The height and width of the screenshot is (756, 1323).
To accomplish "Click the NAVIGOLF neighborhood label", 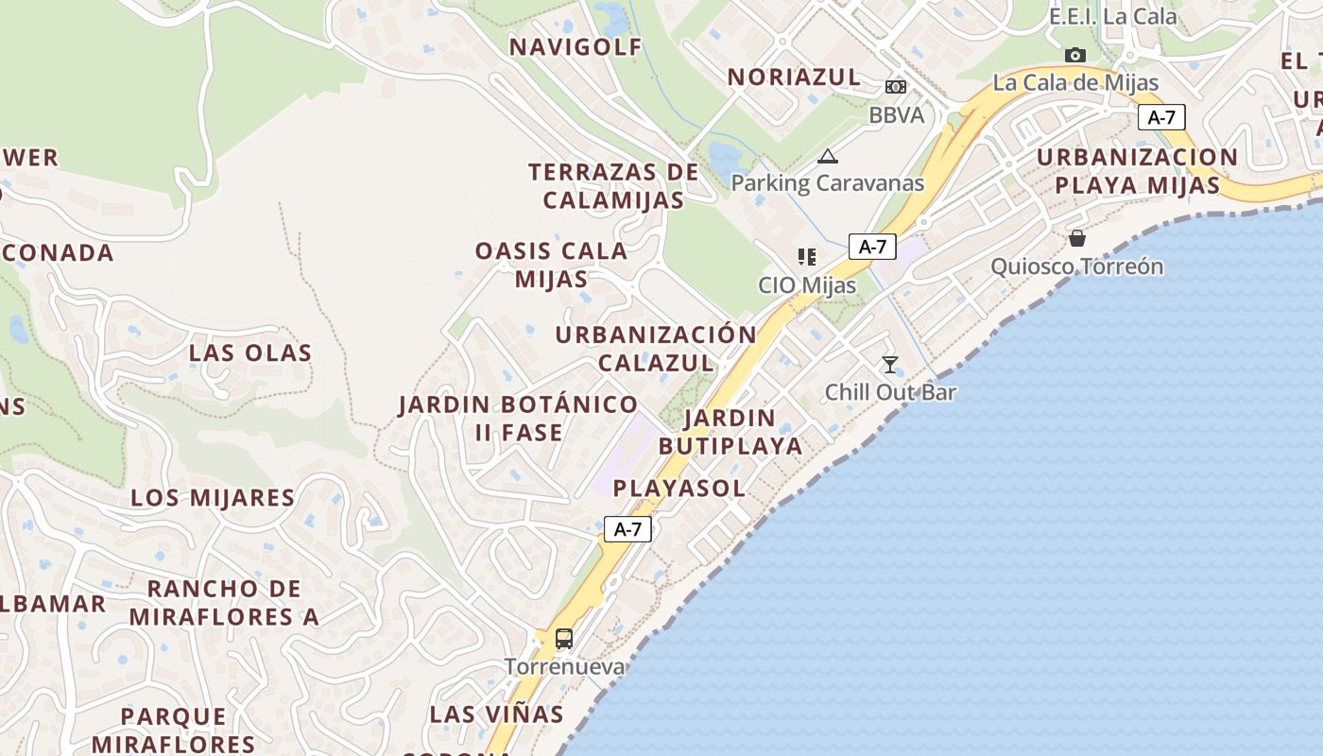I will pos(576,47).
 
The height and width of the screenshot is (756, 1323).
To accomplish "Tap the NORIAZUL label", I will pos(794,77).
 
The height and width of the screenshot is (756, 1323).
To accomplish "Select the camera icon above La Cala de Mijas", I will pos(1074,55).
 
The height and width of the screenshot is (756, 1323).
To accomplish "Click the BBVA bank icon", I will pos(895,87).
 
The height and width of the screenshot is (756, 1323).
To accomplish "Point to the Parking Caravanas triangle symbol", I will pos(828,156).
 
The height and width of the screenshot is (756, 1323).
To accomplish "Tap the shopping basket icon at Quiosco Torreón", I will pos(1076,238).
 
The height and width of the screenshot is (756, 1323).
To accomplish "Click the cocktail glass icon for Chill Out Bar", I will pos(889,364).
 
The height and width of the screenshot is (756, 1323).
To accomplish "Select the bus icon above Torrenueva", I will pos(564,639).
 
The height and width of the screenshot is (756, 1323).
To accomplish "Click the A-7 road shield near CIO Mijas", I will pos(871,247).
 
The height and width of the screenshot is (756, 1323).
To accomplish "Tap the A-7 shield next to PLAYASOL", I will pos(627,529).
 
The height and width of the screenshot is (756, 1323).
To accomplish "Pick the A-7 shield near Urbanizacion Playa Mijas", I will pos(1161,117).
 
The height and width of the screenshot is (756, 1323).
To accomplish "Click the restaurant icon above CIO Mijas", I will pos(806,257).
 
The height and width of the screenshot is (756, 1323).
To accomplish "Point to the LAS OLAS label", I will pos(250,353).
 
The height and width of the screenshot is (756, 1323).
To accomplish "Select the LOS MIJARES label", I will pos(213,498).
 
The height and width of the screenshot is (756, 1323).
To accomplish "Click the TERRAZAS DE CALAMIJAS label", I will pos(613,186).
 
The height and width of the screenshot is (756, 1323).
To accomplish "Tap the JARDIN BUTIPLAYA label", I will pos(730,432).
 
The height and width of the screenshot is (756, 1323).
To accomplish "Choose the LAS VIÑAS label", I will pos(496,714).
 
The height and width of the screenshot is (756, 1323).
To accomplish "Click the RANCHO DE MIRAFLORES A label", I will pos(224,603).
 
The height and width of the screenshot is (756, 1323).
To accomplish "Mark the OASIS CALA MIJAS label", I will pos(551,265).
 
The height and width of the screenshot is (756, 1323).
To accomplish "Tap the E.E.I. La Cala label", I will pos(1112,17).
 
